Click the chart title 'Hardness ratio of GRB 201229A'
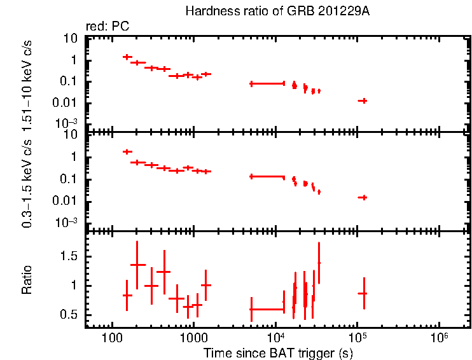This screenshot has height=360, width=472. click(x=277, y=11)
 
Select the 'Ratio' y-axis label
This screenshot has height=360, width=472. click(x=27, y=280)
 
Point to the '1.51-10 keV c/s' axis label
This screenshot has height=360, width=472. click(x=27, y=83)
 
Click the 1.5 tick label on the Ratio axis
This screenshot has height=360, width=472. click(x=71, y=256)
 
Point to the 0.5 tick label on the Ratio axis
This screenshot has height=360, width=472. click(x=71, y=315)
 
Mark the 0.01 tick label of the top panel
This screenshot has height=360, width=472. click(x=68, y=103)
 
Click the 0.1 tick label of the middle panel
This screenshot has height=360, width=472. click(x=71, y=179)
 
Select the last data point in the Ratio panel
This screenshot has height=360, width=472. click(x=363, y=293)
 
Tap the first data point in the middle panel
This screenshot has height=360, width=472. click(x=127, y=151)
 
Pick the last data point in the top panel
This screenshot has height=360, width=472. click(x=363, y=100)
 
